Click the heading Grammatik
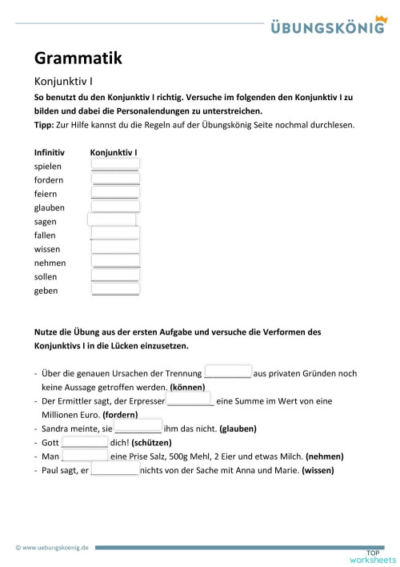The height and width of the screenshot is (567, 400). pos(78,58)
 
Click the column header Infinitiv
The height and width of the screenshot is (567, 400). pos(50,152)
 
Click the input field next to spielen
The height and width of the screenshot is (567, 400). pos(115,165)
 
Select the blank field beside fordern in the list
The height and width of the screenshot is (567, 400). pos(115,179)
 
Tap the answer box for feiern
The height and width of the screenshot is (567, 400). pos(115,193)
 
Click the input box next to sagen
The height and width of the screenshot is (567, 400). pos(111,220)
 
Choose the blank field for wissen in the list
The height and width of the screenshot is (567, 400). pos(115,248)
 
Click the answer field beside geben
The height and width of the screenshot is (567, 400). pos(115,289)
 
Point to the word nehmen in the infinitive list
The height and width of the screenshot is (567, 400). pos(50,263)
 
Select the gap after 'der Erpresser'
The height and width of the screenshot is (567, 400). pos(190,400)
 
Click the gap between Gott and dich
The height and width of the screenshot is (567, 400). pos(85,441)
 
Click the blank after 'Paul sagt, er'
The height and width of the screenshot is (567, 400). pos(114,470)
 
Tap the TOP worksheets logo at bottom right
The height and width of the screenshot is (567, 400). pos(372,555)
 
